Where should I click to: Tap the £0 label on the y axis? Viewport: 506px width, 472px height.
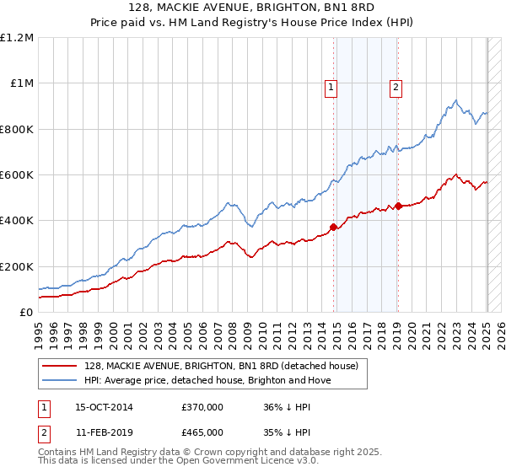point(27,313)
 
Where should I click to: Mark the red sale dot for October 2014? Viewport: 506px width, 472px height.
point(334,227)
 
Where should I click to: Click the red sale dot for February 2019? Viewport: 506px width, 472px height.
point(398,205)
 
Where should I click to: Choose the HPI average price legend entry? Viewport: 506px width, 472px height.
point(207,380)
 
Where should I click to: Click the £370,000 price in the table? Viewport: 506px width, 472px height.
point(202,408)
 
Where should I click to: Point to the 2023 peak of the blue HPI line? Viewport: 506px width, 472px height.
point(455,101)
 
